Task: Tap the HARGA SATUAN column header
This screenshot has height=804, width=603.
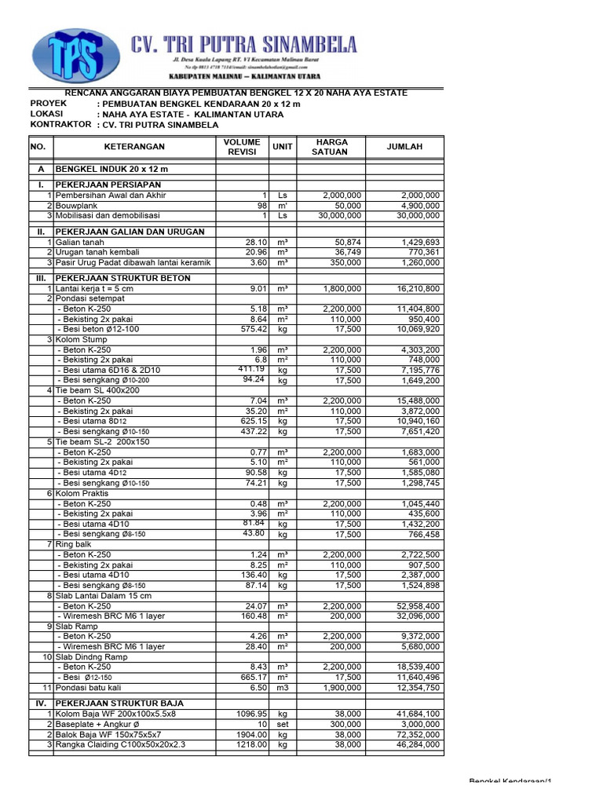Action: pyautogui.click(x=331, y=147)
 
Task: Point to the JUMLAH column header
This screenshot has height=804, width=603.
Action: pyautogui.click(x=404, y=147)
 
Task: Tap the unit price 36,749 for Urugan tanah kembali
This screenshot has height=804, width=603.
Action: pyautogui.click(x=345, y=253)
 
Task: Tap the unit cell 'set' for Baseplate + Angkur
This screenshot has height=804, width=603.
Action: pyautogui.click(x=283, y=724)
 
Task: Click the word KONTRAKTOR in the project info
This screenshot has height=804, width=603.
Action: pyautogui.click(x=61, y=124)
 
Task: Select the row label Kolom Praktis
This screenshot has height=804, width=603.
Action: pyautogui.click(x=84, y=493)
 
